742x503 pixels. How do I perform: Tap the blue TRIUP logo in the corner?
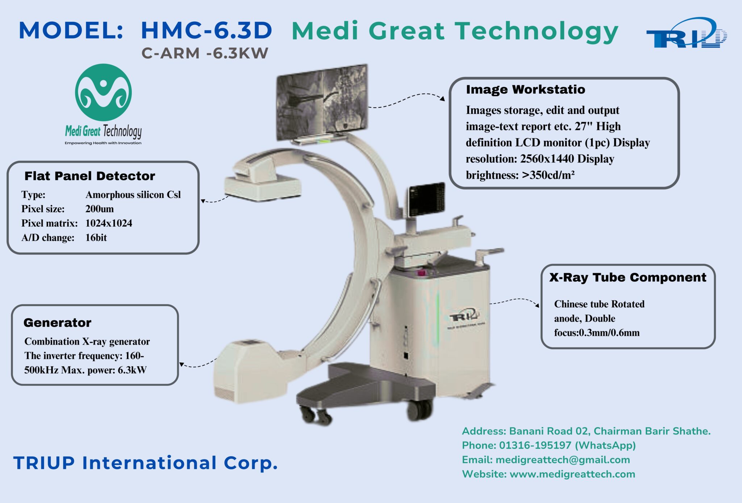pos(686,33)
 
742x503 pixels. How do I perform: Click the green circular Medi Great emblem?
pos(103,92)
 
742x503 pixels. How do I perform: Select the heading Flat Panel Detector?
pos(89,176)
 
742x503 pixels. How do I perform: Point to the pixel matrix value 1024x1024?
pos(109,223)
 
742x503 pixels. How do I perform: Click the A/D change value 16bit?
pos(96,238)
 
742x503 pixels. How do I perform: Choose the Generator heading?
pos(57,322)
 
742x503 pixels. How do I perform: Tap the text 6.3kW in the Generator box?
pos(132,370)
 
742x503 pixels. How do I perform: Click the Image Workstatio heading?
pos(525,89)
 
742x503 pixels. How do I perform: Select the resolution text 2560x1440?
pos(547,159)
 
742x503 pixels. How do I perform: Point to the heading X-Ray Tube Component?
pos(628,277)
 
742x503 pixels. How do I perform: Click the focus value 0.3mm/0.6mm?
pos(609,333)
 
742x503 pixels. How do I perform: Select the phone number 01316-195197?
pos(535,445)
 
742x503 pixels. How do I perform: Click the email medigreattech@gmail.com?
pos(563,460)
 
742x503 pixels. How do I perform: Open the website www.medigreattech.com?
pos(572,474)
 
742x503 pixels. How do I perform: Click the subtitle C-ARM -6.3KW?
pos(205,53)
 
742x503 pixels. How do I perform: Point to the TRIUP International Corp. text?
pos(146,463)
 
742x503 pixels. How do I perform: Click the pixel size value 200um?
pos(100,209)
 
